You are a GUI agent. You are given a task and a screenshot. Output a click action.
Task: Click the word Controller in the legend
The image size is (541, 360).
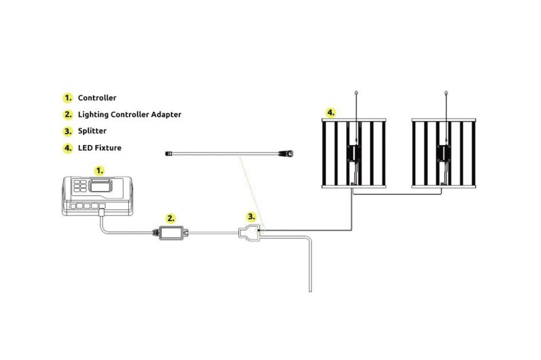click(x=97, y=98)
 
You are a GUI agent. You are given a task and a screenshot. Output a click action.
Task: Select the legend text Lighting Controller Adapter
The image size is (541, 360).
click(x=130, y=114)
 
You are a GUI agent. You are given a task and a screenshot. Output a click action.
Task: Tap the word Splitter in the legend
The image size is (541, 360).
click(x=92, y=131)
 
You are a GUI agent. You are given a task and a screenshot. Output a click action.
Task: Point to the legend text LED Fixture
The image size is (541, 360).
click(x=100, y=148)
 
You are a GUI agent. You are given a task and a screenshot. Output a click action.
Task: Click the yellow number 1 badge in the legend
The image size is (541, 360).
click(x=68, y=98)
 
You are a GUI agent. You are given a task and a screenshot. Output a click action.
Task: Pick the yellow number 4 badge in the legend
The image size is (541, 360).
click(x=68, y=148)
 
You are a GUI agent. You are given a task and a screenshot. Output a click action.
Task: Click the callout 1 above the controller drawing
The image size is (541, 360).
click(x=99, y=171)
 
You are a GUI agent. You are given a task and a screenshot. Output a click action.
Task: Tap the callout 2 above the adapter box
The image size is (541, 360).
click(x=171, y=218)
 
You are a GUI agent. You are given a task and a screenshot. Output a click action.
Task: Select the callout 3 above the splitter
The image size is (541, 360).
click(x=251, y=217)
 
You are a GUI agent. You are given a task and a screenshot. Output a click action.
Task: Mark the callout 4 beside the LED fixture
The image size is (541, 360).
click(x=331, y=112)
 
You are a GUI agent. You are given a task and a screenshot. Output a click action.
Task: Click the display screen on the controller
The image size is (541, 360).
click(x=101, y=186)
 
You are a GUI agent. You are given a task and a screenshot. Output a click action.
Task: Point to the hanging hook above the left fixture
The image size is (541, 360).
click(x=356, y=93)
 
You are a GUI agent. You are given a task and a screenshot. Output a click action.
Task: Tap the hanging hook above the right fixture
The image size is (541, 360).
click(x=446, y=93)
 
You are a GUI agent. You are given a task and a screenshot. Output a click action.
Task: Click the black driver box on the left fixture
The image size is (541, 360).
click(x=354, y=153)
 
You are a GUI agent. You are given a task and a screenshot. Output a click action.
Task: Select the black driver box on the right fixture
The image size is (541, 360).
click(x=443, y=153)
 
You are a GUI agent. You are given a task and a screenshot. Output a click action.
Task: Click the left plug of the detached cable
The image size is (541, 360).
click(x=169, y=154)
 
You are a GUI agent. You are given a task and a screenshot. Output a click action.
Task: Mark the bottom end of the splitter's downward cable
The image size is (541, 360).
click(x=310, y=291)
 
